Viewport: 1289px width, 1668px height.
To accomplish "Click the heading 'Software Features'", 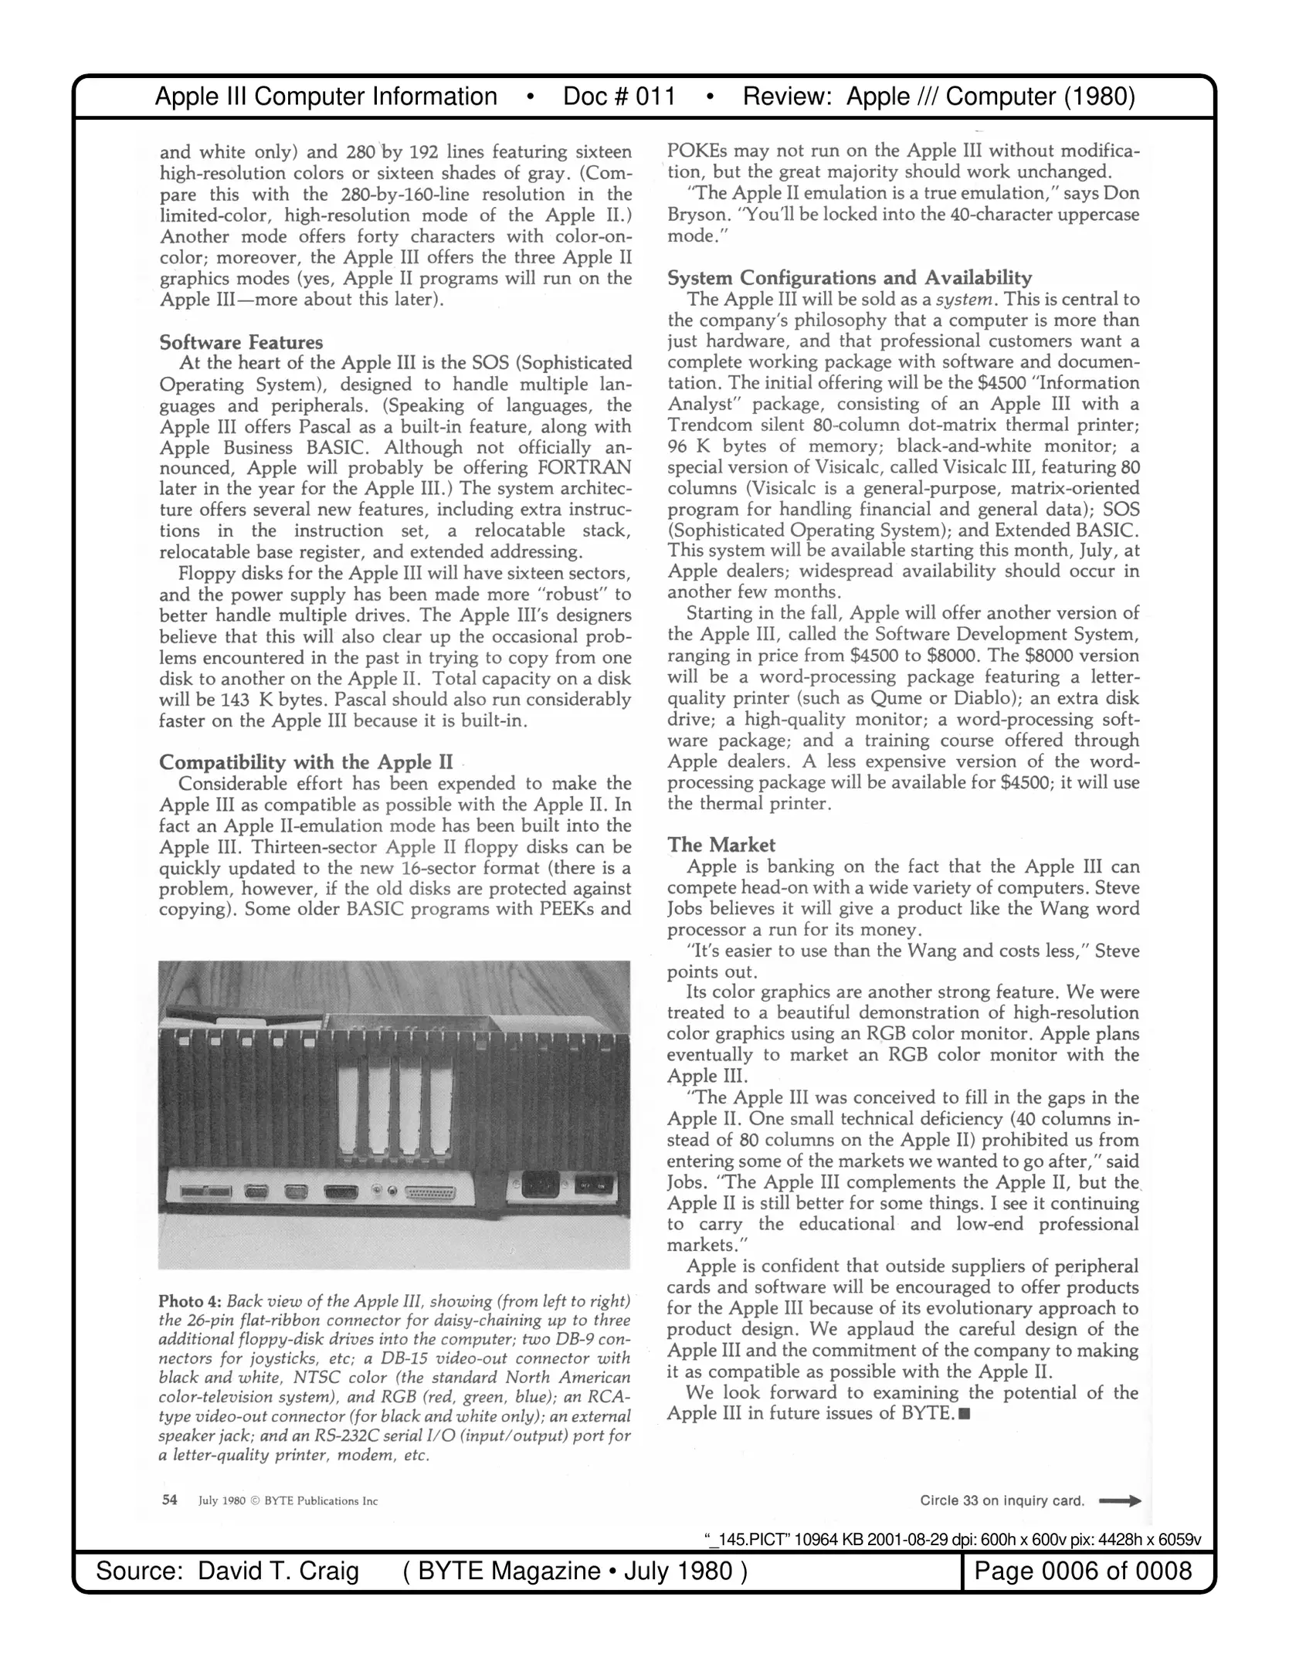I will click(241, 342).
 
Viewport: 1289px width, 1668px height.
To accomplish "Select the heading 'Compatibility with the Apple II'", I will click(306, 762).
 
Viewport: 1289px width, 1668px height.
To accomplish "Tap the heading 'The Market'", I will click(721, 845).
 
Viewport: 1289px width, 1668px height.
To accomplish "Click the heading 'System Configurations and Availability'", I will click(849, 277).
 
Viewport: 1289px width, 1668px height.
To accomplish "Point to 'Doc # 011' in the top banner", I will click(619, 97).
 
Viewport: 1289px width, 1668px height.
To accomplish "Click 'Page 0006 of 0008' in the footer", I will click(1083, 1571).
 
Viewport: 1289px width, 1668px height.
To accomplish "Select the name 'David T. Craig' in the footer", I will click(278, 1571).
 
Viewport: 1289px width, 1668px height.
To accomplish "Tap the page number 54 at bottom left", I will click(169, 1500).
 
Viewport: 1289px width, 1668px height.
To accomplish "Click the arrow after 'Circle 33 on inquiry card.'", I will click(1120, 1501).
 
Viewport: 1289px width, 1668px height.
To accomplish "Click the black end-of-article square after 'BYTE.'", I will click(963, 1414).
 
